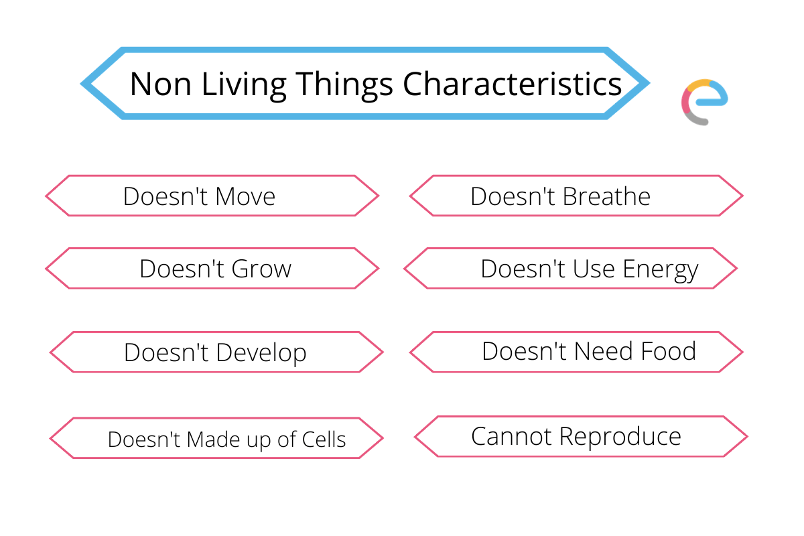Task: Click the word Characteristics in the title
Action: click(x=512, y=84)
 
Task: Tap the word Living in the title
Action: click(x=244, y=86)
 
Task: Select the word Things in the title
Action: click(x=344, y=86)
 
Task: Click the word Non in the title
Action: click(x=160, y=84)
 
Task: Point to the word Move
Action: click(x=245, y=197)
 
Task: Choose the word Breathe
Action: click(x=606, y=196)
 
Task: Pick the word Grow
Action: click(x=261, y=269)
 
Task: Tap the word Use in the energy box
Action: click(x=594, y=269)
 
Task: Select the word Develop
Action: click(x=261, y=354)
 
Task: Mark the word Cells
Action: click(x=324, y=440)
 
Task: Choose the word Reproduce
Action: click(x=620, y=438)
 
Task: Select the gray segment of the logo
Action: click(x=695, y=120)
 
